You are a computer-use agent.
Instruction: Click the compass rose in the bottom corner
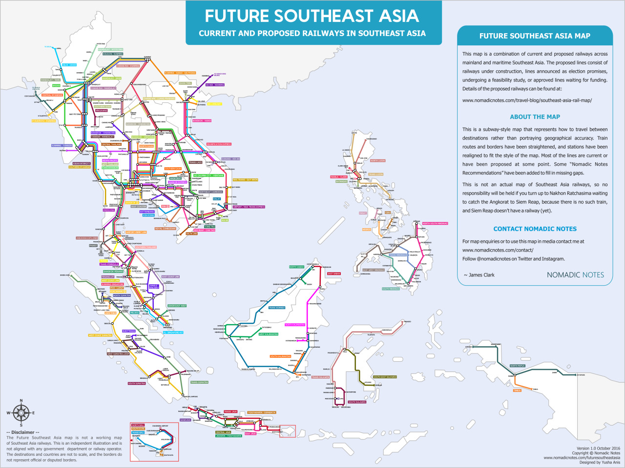tap(21, 413)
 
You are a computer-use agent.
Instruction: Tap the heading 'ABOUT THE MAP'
tap(535, 117)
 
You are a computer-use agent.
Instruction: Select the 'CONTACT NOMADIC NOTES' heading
tap(535, 229)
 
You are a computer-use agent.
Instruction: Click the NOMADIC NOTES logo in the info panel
tap(575, 275)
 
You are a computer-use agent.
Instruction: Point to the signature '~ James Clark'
tap(479, 275)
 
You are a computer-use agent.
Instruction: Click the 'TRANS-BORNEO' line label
tap(276, 308)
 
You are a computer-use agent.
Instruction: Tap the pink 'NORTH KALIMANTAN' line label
tap(295, 325)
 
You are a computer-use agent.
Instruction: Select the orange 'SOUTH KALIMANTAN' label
tap(280, 356)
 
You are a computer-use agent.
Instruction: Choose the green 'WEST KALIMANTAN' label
tap(268, 334)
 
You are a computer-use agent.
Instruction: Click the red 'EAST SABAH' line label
tap(334, 274)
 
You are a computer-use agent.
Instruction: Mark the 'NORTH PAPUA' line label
tap(517, 366)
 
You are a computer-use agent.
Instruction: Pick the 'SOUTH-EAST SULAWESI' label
tap(385, 377)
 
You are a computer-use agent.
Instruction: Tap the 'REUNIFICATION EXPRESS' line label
tap(219, 144)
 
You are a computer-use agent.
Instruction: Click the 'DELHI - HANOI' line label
tap(69, 65)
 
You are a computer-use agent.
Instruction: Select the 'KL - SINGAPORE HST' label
tap(173, 332)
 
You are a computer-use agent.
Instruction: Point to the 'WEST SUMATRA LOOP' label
tap(118, 354)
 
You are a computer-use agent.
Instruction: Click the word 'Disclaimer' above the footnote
tap(23, 432)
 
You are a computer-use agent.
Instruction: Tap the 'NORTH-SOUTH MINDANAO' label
tap(435, 223)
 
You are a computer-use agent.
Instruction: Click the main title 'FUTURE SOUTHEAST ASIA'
tap(312, 16)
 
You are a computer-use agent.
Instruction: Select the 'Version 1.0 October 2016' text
tap(598, 448)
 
